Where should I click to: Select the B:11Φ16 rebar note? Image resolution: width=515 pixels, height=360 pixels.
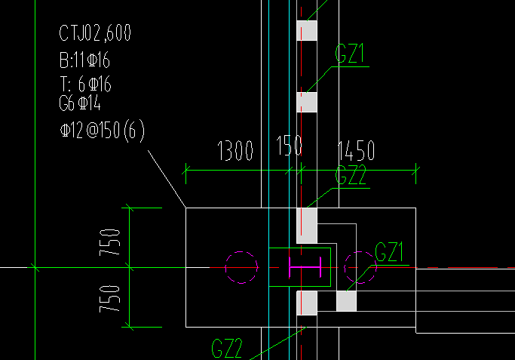coord(89,60)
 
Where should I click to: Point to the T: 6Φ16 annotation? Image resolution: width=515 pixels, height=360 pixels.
coord(89,85)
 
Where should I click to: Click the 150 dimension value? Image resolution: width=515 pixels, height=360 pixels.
coord(289,145)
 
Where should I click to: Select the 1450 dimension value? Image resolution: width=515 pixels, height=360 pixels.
coord(356,151)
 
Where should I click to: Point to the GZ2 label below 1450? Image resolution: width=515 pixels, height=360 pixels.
coord(351,177)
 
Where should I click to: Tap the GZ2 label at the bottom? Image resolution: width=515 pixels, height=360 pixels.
coord(227,349)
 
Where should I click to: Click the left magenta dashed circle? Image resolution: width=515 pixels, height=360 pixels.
coord(241,266)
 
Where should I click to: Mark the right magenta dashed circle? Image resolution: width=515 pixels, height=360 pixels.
coord(359,266)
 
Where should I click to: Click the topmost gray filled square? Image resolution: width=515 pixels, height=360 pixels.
coord(307,30)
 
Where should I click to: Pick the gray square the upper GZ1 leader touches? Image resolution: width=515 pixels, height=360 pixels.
coord(307,102)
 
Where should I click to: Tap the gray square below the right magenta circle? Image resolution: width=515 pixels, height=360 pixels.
coord(346,301)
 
